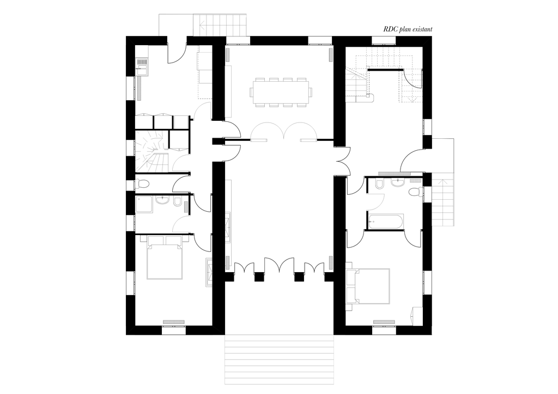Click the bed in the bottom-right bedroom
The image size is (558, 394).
[372, 286]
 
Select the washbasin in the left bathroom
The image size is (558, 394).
[162, 201]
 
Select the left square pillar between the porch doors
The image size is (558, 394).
[259, 277]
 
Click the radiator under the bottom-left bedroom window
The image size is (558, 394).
[174, 321]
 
